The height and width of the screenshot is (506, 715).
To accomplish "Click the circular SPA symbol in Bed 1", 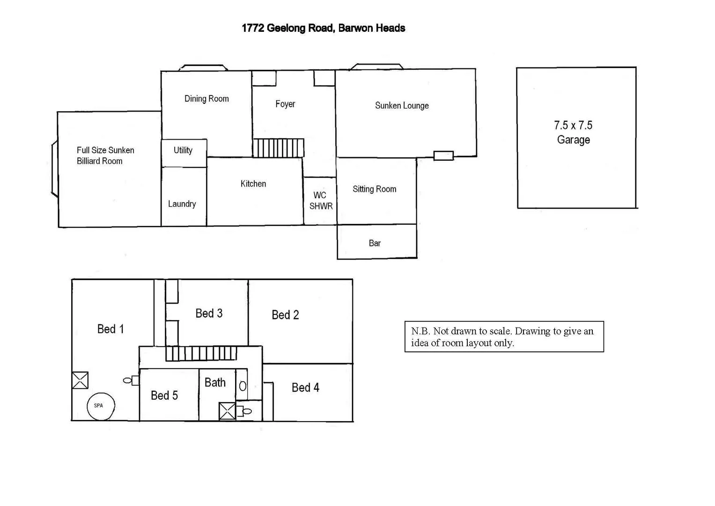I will coord(101,406).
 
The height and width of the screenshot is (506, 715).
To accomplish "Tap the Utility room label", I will coord(183,150).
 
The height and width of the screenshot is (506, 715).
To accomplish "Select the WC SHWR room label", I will coord(321,201).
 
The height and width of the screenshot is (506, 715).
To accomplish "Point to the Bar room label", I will coord(375,243).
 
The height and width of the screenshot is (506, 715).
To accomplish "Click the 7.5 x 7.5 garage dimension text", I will coord(573,126).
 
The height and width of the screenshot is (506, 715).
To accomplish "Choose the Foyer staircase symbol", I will coord(278,148).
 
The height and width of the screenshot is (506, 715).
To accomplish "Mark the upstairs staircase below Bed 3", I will coord(201,353).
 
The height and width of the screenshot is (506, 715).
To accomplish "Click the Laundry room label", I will coord(182,204).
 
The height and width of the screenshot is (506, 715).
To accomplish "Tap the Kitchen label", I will coord(253,184).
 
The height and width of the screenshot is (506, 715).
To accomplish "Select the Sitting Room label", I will coord(375,189).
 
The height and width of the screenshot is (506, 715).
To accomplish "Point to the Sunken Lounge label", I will coord(402,105).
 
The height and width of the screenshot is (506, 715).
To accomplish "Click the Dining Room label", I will coord(206,98).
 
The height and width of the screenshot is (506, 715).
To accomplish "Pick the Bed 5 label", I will coord(164,395).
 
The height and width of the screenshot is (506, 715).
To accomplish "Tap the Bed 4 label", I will coord(305,387).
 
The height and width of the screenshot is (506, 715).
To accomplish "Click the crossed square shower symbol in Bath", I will coord(228,411).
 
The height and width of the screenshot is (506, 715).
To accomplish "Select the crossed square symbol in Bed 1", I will coord(80,380).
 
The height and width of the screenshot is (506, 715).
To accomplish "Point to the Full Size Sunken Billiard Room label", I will coord(105,156).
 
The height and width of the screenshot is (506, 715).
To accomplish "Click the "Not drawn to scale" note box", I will coord(504,336).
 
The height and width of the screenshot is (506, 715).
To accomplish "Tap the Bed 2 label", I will coord(285,315).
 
